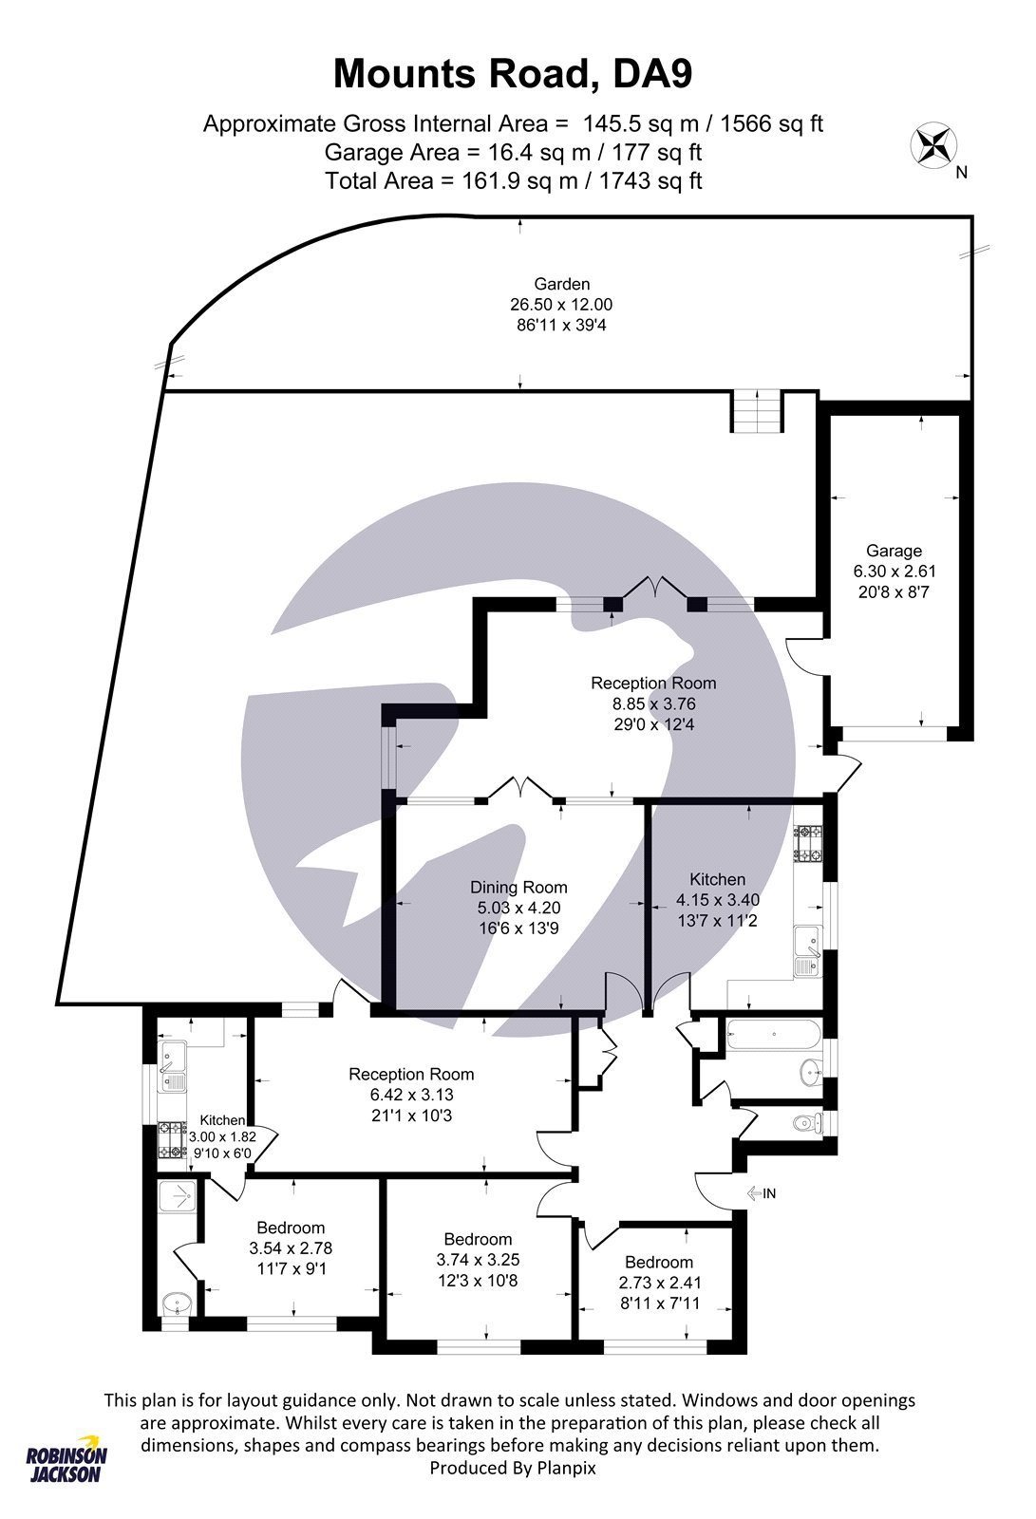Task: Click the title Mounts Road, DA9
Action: pos(513,73)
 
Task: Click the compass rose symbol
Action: pos(933,145)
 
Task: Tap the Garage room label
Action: pos(894,551)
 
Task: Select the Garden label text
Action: pos(561,284)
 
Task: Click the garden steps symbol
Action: pos(758,412)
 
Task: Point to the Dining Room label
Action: pos(518,888)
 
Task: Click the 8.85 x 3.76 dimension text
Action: pos(653,704)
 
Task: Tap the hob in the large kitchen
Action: pos(809,844)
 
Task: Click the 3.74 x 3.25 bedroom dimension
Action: pos(478,1261)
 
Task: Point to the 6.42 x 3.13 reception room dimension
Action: pos(411,1095)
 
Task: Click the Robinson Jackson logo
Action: pos(66,1457)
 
